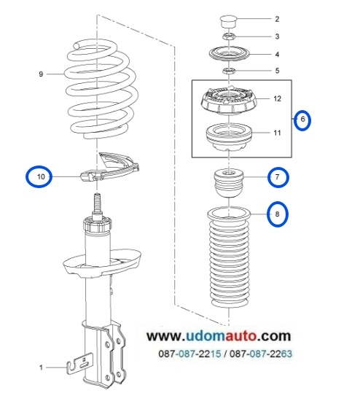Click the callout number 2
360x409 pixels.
point(277,19)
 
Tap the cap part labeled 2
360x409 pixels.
point(228,21)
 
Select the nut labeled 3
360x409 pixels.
point(229,36)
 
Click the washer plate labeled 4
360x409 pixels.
point(230,54)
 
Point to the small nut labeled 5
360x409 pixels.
point(229,71)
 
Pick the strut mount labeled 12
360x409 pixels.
point(229,101)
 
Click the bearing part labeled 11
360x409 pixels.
point(229,137)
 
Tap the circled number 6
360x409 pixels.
point(302,120)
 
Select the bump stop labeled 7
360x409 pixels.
point(229,183)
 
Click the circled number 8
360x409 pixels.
point(278,214)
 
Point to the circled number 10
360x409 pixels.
point(39,177)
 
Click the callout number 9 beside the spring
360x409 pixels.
point(41,74)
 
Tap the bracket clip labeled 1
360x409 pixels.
point(80,363)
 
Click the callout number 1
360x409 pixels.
point(41,367)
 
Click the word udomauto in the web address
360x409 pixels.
point(222,335)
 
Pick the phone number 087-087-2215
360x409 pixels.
point(189,354)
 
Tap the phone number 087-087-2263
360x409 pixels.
point(261,354)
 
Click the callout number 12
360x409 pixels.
point(278,98)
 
